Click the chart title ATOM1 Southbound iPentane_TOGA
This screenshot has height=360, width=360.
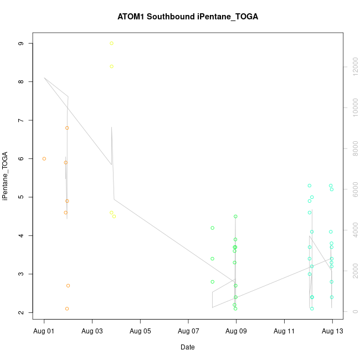pos(188,17)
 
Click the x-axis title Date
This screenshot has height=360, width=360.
pos(188,347)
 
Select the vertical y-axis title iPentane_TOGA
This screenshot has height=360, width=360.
pos(6,176)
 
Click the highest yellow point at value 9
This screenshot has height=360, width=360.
pos(111,43)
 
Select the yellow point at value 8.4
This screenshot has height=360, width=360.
pos(111,66)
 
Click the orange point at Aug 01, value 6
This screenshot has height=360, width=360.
pos(44,158)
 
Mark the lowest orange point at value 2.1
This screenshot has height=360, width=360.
pos(67,308)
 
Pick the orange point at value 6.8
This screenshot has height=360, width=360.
pos(67,128)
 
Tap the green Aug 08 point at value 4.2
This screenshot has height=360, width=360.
pos(212,228)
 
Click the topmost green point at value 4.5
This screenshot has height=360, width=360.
pos(235,217)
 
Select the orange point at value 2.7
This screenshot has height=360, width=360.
pos(68,286)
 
